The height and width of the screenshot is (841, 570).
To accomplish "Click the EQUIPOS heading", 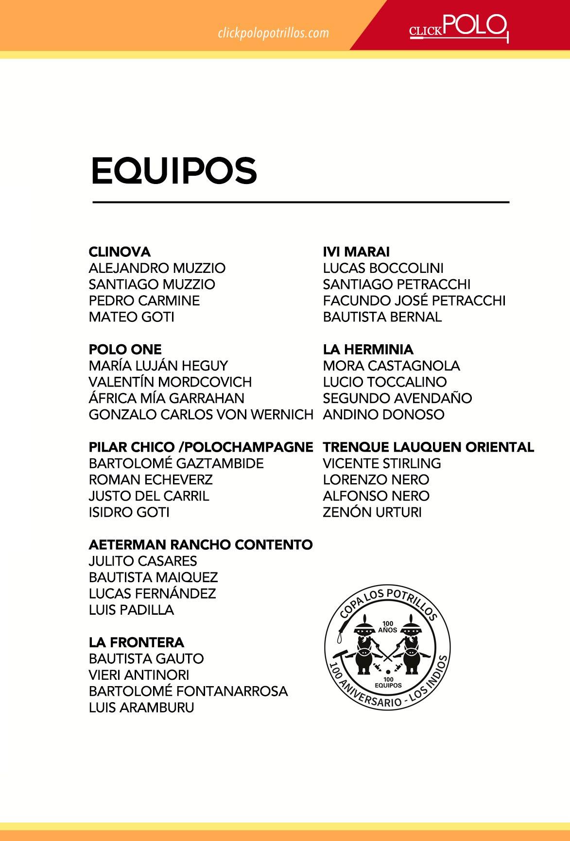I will [173, 170].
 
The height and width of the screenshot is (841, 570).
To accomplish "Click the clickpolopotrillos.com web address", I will [274, 33].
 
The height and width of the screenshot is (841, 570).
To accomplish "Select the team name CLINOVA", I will [120, 252].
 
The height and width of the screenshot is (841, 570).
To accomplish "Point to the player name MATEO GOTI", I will [131, 317].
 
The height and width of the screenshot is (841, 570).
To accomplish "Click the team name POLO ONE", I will [125, 350].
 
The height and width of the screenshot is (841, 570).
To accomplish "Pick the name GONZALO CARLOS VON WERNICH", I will [201, 415].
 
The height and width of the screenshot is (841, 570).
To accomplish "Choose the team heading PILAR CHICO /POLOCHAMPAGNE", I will [201, 447].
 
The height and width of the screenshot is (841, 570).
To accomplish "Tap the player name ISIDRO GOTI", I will [129, 512].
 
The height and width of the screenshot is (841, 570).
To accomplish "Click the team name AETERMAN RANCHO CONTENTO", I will [201, 545].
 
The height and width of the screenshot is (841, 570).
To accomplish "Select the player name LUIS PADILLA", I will [131, 610].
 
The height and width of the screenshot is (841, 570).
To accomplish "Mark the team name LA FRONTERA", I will [137, 642].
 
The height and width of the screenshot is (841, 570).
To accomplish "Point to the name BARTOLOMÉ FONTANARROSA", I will [188, 691].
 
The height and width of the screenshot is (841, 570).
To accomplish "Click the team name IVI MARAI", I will [356, 252].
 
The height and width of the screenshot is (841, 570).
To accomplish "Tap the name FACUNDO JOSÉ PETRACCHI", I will [414, 301].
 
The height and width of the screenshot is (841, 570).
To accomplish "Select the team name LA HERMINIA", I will [368, 350].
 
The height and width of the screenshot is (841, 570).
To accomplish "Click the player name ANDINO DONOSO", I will [383, 415].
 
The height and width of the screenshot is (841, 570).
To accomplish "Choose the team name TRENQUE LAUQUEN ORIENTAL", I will [429, 447].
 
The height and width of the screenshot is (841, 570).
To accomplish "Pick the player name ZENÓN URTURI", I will [372, 512].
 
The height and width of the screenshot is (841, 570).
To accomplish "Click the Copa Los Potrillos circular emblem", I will [387, 646].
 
